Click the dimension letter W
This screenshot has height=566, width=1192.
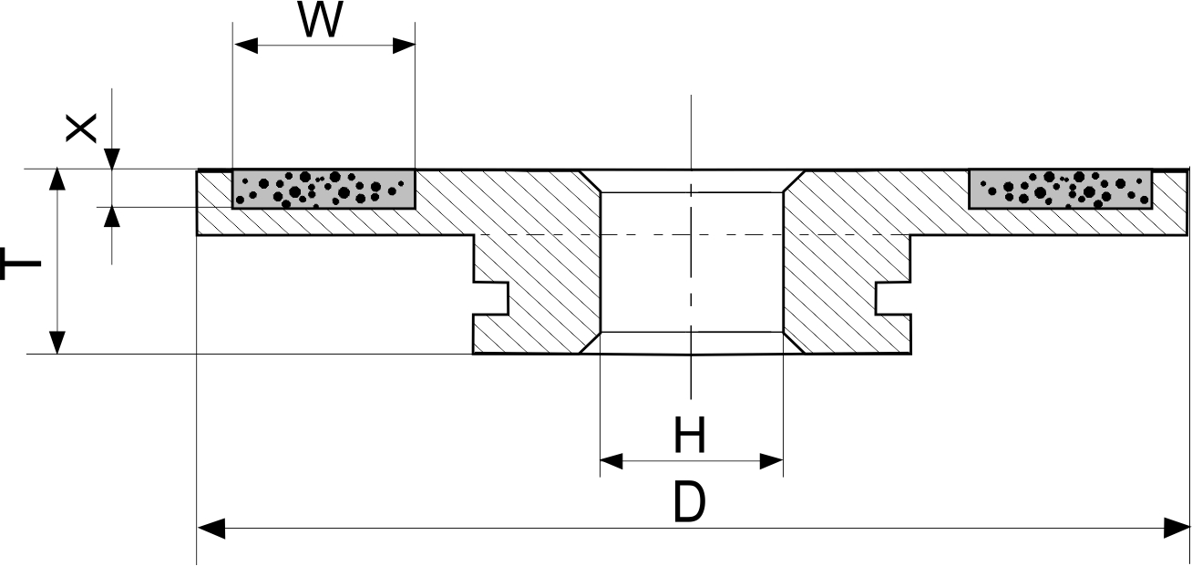[x=321, y=22]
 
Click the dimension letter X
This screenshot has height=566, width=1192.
[x=81, y=129]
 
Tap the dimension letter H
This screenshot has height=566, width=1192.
[x=690, y=436]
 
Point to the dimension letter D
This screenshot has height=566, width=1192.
[x=689, y=502]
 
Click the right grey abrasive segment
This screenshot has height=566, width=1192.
[x=1061, y=189]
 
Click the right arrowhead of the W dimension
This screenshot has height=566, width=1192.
[x=403, y=46]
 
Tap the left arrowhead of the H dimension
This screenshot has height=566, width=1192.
[x=611, y=461]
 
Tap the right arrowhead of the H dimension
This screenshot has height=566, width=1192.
[x=771, y=461]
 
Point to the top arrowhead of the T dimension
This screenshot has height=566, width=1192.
[x=57, y=180]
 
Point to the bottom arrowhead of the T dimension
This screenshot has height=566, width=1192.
[x=57, y=342]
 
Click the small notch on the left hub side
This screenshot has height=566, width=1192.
[x=492, y=297]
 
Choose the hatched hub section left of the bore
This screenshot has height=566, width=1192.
[x=538, y=273]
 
